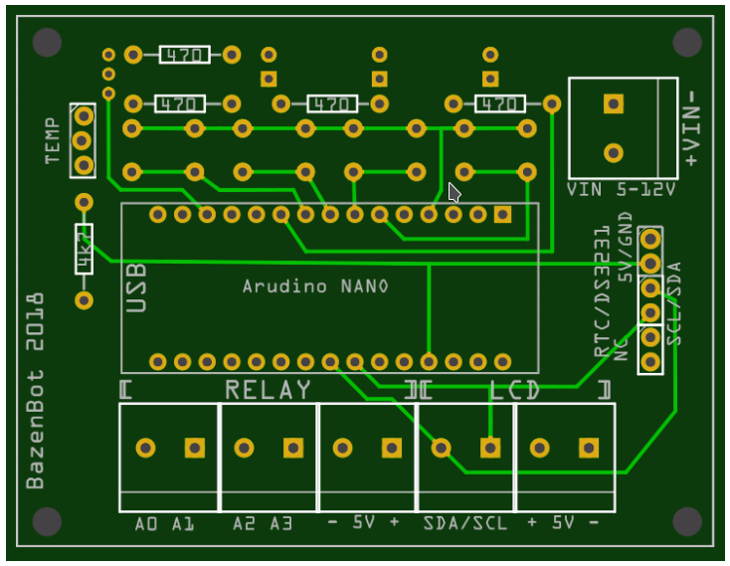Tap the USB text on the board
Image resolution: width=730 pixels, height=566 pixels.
pos(137,287)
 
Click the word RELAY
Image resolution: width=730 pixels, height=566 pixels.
pos(268,390)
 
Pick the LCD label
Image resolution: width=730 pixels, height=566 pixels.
pos(514,390)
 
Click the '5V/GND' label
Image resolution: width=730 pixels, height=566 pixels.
pos(625,248)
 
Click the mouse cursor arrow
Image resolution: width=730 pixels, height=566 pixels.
pos(455,192)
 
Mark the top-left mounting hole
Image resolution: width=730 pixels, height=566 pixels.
pos(46,42)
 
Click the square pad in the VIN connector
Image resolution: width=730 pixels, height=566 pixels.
pos(614,102)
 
